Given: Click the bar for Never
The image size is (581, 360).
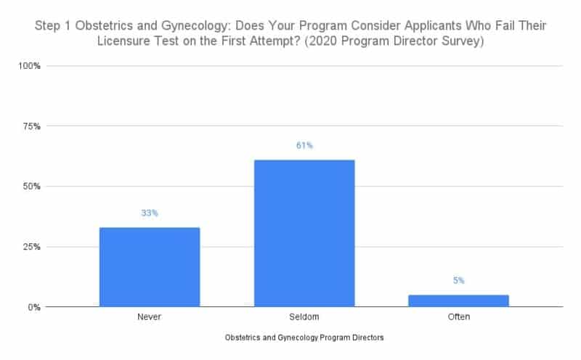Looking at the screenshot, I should click(x=149, y=267).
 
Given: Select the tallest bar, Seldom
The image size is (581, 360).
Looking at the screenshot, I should click(x=304, y=233).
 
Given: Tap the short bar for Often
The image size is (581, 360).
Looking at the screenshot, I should click(x=458, y=300).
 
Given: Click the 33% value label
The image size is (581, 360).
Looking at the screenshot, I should click(x=150, y=213).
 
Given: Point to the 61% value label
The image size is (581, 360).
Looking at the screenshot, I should click(x=304, y=146).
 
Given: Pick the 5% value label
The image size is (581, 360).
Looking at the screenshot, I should click(x=458, y=281).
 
